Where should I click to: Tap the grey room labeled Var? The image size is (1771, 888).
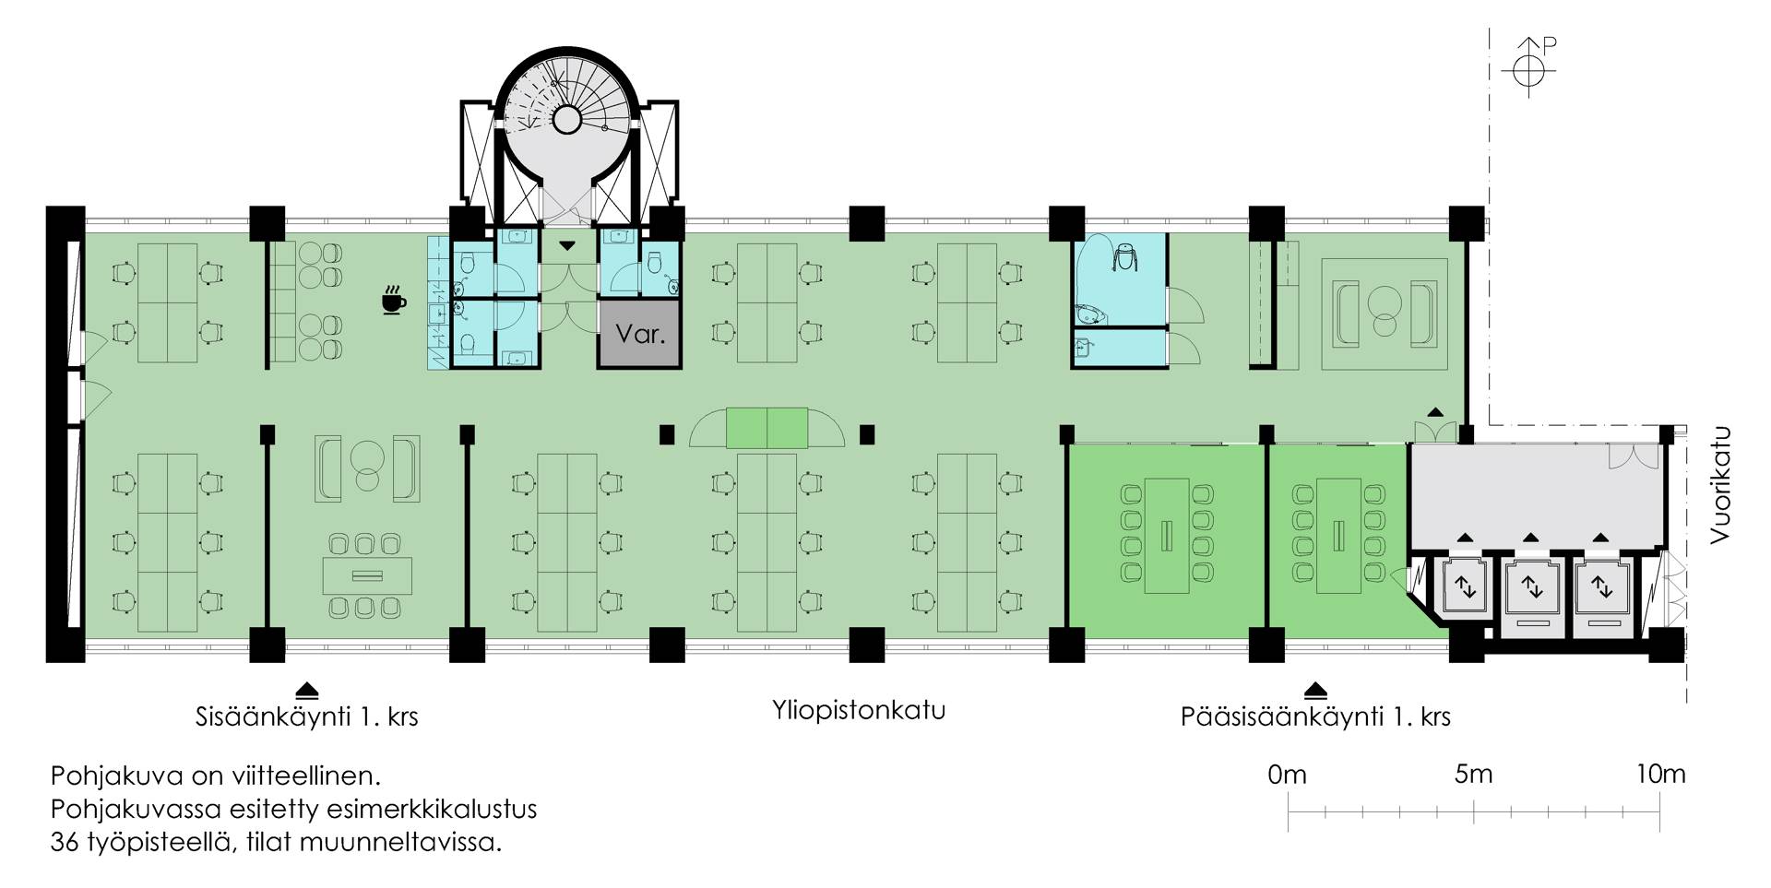(640, 333)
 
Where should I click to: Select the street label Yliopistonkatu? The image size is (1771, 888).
(859, 711)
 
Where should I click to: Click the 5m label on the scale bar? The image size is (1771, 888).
(1473, 774)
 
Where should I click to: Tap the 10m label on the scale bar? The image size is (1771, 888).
(1660, 774)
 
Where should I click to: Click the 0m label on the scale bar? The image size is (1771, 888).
(1287, 774)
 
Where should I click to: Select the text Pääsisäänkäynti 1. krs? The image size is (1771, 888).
(1315, 716)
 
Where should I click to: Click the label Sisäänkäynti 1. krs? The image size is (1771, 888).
(306, 716)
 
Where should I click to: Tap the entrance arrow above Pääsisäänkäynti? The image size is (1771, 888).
(1315, 691)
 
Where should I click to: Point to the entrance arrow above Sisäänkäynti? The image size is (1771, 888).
(306, 691)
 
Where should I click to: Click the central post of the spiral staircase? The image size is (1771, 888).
(566, 119)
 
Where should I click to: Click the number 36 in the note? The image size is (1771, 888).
(65, 842)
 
